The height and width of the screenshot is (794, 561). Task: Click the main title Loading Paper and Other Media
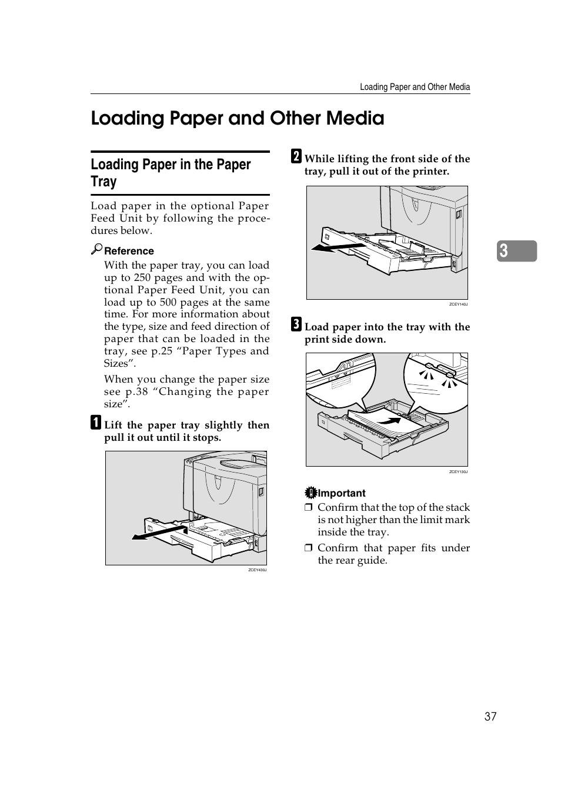pos(237,118)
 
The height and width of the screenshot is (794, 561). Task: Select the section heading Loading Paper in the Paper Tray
pos(171,173)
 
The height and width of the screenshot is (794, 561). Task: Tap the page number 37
pos(490,716)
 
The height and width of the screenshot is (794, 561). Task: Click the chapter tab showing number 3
pos(516,251)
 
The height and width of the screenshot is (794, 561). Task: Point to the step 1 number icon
pos(95,423)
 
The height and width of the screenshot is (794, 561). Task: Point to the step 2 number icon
pos(296,156)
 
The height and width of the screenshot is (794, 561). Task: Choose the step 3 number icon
pos(296,324)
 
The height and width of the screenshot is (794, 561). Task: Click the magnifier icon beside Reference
pos(96,249)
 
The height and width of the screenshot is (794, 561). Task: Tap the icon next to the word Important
pos(310,493)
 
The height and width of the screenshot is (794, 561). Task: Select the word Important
pos(342,493)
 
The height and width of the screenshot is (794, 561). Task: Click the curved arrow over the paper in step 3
pos(388,420)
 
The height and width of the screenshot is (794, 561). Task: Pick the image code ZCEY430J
pos(257,570)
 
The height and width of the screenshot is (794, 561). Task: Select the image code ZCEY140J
pos(458,304)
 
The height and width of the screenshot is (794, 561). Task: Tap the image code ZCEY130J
pos(458,471)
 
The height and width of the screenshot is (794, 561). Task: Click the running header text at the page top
pos(415,87)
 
